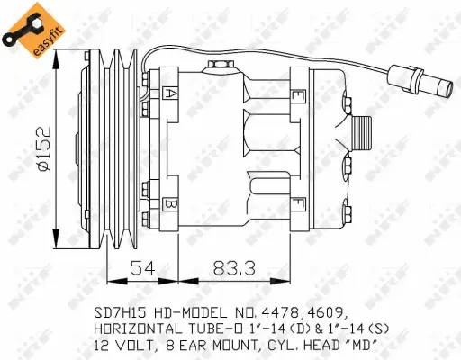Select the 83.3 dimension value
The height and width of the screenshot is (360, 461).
point(230,267)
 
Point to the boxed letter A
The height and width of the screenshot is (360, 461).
point(170,92)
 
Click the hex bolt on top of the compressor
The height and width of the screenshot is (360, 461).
point(216,64)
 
